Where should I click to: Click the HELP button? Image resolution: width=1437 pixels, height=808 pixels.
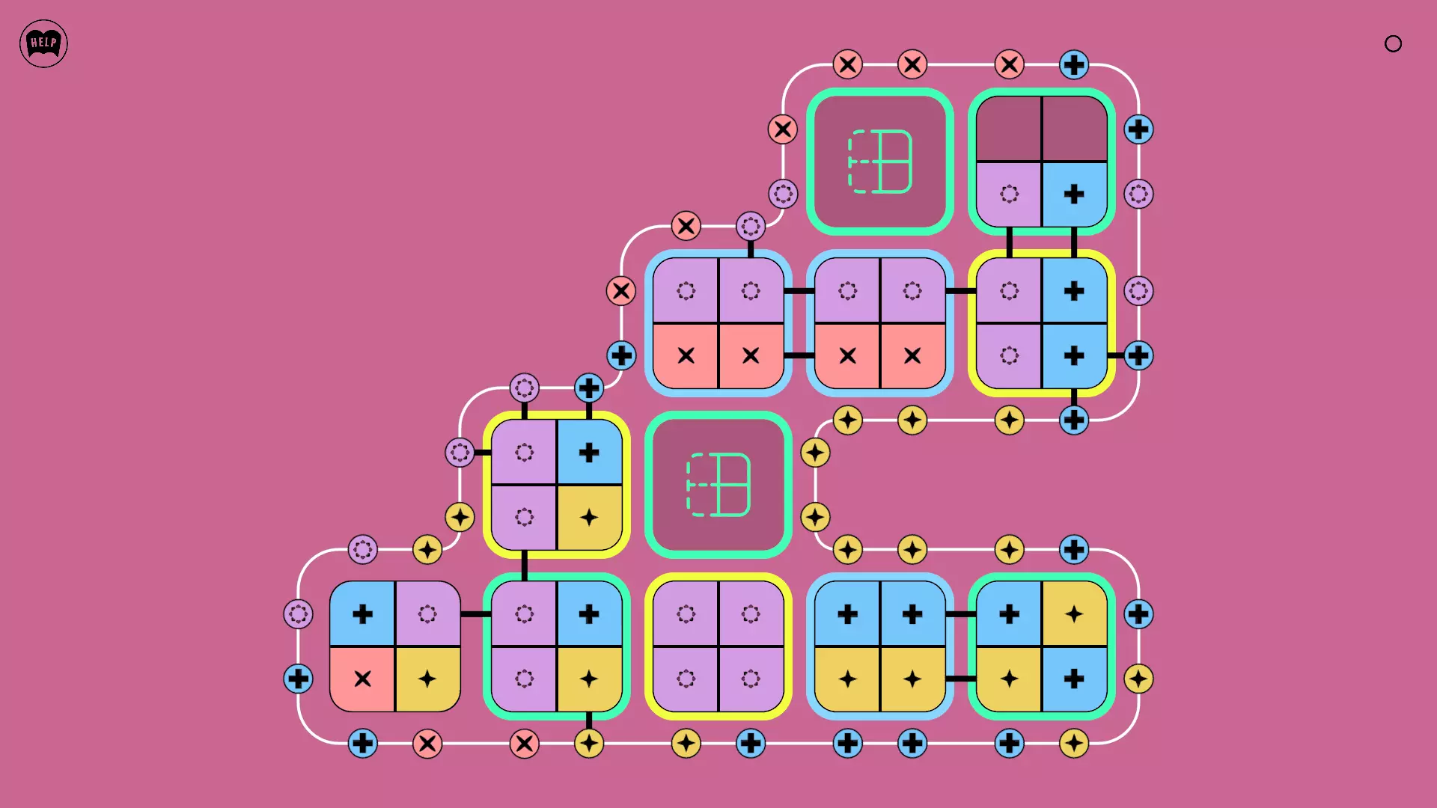coord(43,43)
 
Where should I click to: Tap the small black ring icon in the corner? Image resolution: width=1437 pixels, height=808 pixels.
coord(1393,43)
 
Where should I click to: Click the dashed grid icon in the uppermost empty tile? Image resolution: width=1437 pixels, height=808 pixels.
coord(880,161)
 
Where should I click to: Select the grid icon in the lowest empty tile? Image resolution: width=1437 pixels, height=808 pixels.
coord(718,485)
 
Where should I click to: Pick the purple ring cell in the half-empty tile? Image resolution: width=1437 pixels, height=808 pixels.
coord(1009,195)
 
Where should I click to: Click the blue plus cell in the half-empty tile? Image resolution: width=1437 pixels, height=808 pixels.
coord(1075,195)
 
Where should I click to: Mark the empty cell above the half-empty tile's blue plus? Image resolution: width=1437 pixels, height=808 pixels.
coord(1075,128)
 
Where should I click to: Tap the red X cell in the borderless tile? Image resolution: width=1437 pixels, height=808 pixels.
coord(362,679)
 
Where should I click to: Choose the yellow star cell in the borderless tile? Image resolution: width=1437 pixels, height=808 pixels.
coord(427,679)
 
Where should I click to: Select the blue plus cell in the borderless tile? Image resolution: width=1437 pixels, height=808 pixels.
coord(362,613)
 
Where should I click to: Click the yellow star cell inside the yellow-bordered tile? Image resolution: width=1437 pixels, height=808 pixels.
coord(589,518)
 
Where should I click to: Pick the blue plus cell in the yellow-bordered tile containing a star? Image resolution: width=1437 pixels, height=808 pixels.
coord(589,452)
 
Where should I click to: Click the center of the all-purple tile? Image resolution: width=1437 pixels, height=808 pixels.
coord(718,646)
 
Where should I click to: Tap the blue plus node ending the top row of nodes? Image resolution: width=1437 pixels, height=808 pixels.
coord(1074,64)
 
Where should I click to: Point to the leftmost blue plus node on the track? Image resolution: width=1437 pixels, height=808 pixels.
coord(298,679)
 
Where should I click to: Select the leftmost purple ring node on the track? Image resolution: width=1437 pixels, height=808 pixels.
coord(298,614)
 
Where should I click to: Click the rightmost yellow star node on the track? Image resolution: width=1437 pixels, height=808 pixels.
coord(1138,679)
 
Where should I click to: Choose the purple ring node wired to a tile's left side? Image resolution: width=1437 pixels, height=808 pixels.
coord(460,452)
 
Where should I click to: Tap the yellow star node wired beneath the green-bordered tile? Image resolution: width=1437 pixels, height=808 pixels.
coord(589,744)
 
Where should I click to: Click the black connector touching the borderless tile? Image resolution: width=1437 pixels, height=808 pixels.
coord(475,614)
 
